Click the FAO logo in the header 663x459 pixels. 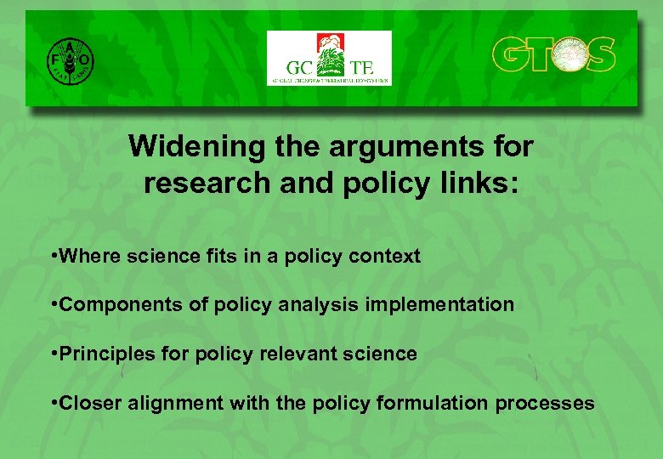71,59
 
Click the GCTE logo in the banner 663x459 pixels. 330,59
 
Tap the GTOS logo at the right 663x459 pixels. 553,54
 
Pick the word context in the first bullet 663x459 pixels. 387,256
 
